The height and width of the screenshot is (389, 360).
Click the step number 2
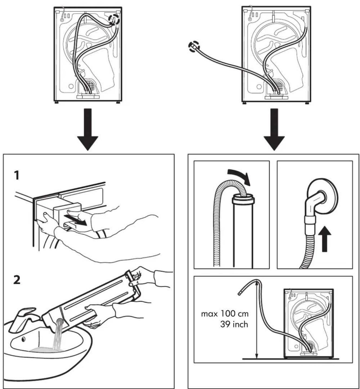17,280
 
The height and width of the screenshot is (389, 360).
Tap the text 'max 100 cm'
224,314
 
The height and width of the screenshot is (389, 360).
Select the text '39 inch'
234,324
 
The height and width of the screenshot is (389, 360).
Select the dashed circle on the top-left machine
114,19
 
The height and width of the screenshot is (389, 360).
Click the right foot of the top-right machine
307,103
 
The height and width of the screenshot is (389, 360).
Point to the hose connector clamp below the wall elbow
311,220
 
